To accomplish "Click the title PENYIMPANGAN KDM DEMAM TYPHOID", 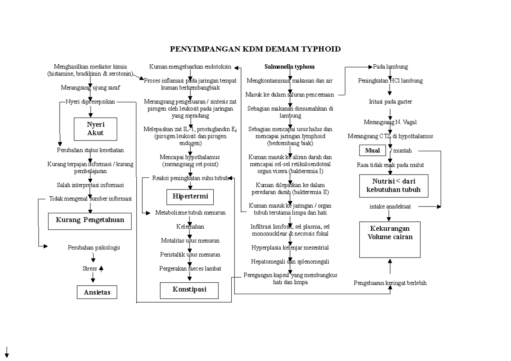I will (255, 49).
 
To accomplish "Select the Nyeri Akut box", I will (95, 129).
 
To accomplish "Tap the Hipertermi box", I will (189, 197).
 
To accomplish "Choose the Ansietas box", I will (97, 292).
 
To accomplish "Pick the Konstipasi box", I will (189, 289).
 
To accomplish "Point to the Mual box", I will (372, 151).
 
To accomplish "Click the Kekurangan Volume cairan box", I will (390, 239).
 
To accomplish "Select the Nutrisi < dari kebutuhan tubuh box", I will (393, 185).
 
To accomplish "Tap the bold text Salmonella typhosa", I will (289, 67).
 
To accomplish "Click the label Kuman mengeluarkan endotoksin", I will (190, 67).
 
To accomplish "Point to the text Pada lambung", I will (390, 67).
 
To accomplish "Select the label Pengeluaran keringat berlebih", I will (390, 283).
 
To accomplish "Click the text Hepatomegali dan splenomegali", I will (290, 261).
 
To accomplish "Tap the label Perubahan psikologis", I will (94, 247).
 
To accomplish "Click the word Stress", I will (89, 269).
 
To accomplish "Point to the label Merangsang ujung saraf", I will (90, 88).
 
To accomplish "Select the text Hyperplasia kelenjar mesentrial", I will (290, 247).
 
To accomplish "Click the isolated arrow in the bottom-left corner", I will (7, 351).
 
